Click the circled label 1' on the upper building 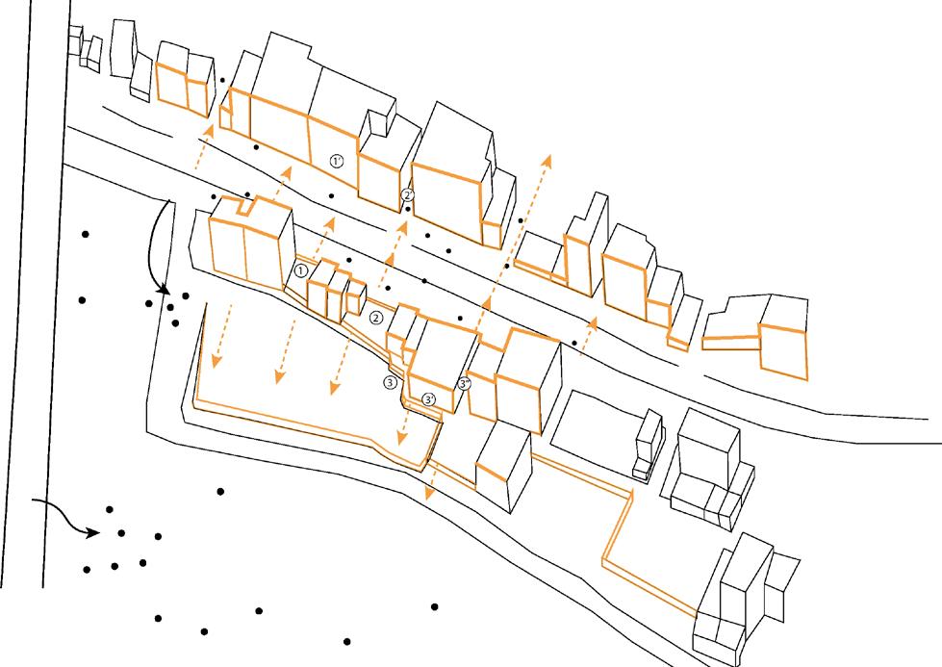coord(336,162)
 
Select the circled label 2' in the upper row coord(408,194)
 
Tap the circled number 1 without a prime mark coord(301,271)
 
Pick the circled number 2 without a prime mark coord(376,318)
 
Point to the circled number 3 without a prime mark coord(390,381)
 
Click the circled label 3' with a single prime coord(429,398)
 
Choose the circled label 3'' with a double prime coord(465,384)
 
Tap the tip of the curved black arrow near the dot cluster coord(165,290)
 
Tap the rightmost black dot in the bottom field coord(435,606)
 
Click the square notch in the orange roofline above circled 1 coord(248,204)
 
